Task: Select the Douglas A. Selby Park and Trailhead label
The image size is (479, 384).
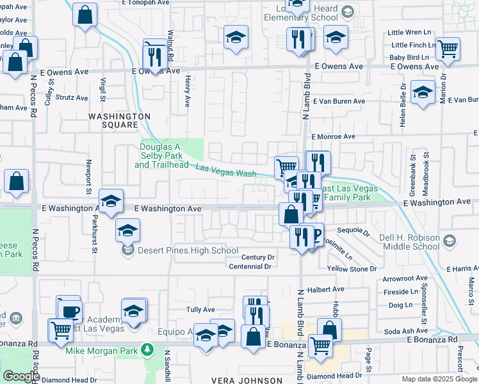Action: click(x=161, y=156)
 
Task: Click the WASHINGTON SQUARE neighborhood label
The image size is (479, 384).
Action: click(x=119, y=120)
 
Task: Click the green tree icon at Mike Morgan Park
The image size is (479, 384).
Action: click(x=148, y=349)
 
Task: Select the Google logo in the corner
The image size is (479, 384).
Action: click(x=21, y=376)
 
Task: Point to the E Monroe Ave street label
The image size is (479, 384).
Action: click(x=333, y=137)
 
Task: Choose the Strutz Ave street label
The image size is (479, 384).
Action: click(x=72, y=98)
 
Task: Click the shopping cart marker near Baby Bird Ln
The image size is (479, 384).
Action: click(x=448, y=49)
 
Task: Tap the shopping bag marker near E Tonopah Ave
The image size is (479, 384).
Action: click(x=85, y=14)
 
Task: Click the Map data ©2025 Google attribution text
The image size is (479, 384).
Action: click(x=439, y=379)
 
